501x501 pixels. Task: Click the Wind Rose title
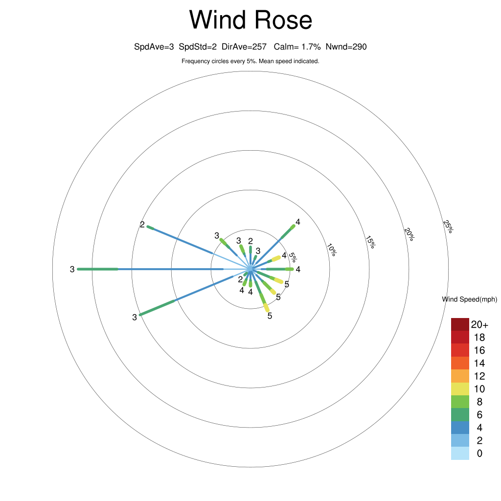point(250,20)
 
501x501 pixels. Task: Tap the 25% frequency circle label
point(448,227)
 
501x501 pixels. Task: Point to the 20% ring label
point(409,234)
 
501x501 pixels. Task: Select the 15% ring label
point(370,242)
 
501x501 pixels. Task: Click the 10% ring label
point(331,250)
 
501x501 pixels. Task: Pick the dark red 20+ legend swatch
point(460,324)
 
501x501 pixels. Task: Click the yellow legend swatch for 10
point(460,389)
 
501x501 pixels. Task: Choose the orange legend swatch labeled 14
point(460,363)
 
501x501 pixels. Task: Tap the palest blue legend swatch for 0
point(460,454)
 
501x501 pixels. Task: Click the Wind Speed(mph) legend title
point(469,299)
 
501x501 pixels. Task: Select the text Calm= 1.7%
point(297,47)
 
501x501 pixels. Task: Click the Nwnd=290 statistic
point(346,47)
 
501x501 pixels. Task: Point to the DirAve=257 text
point(244,47)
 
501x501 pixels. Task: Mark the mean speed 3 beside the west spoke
point(72,270)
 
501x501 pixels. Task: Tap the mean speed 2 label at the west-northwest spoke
point(142,225)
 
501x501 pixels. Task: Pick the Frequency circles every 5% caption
point(250,61)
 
